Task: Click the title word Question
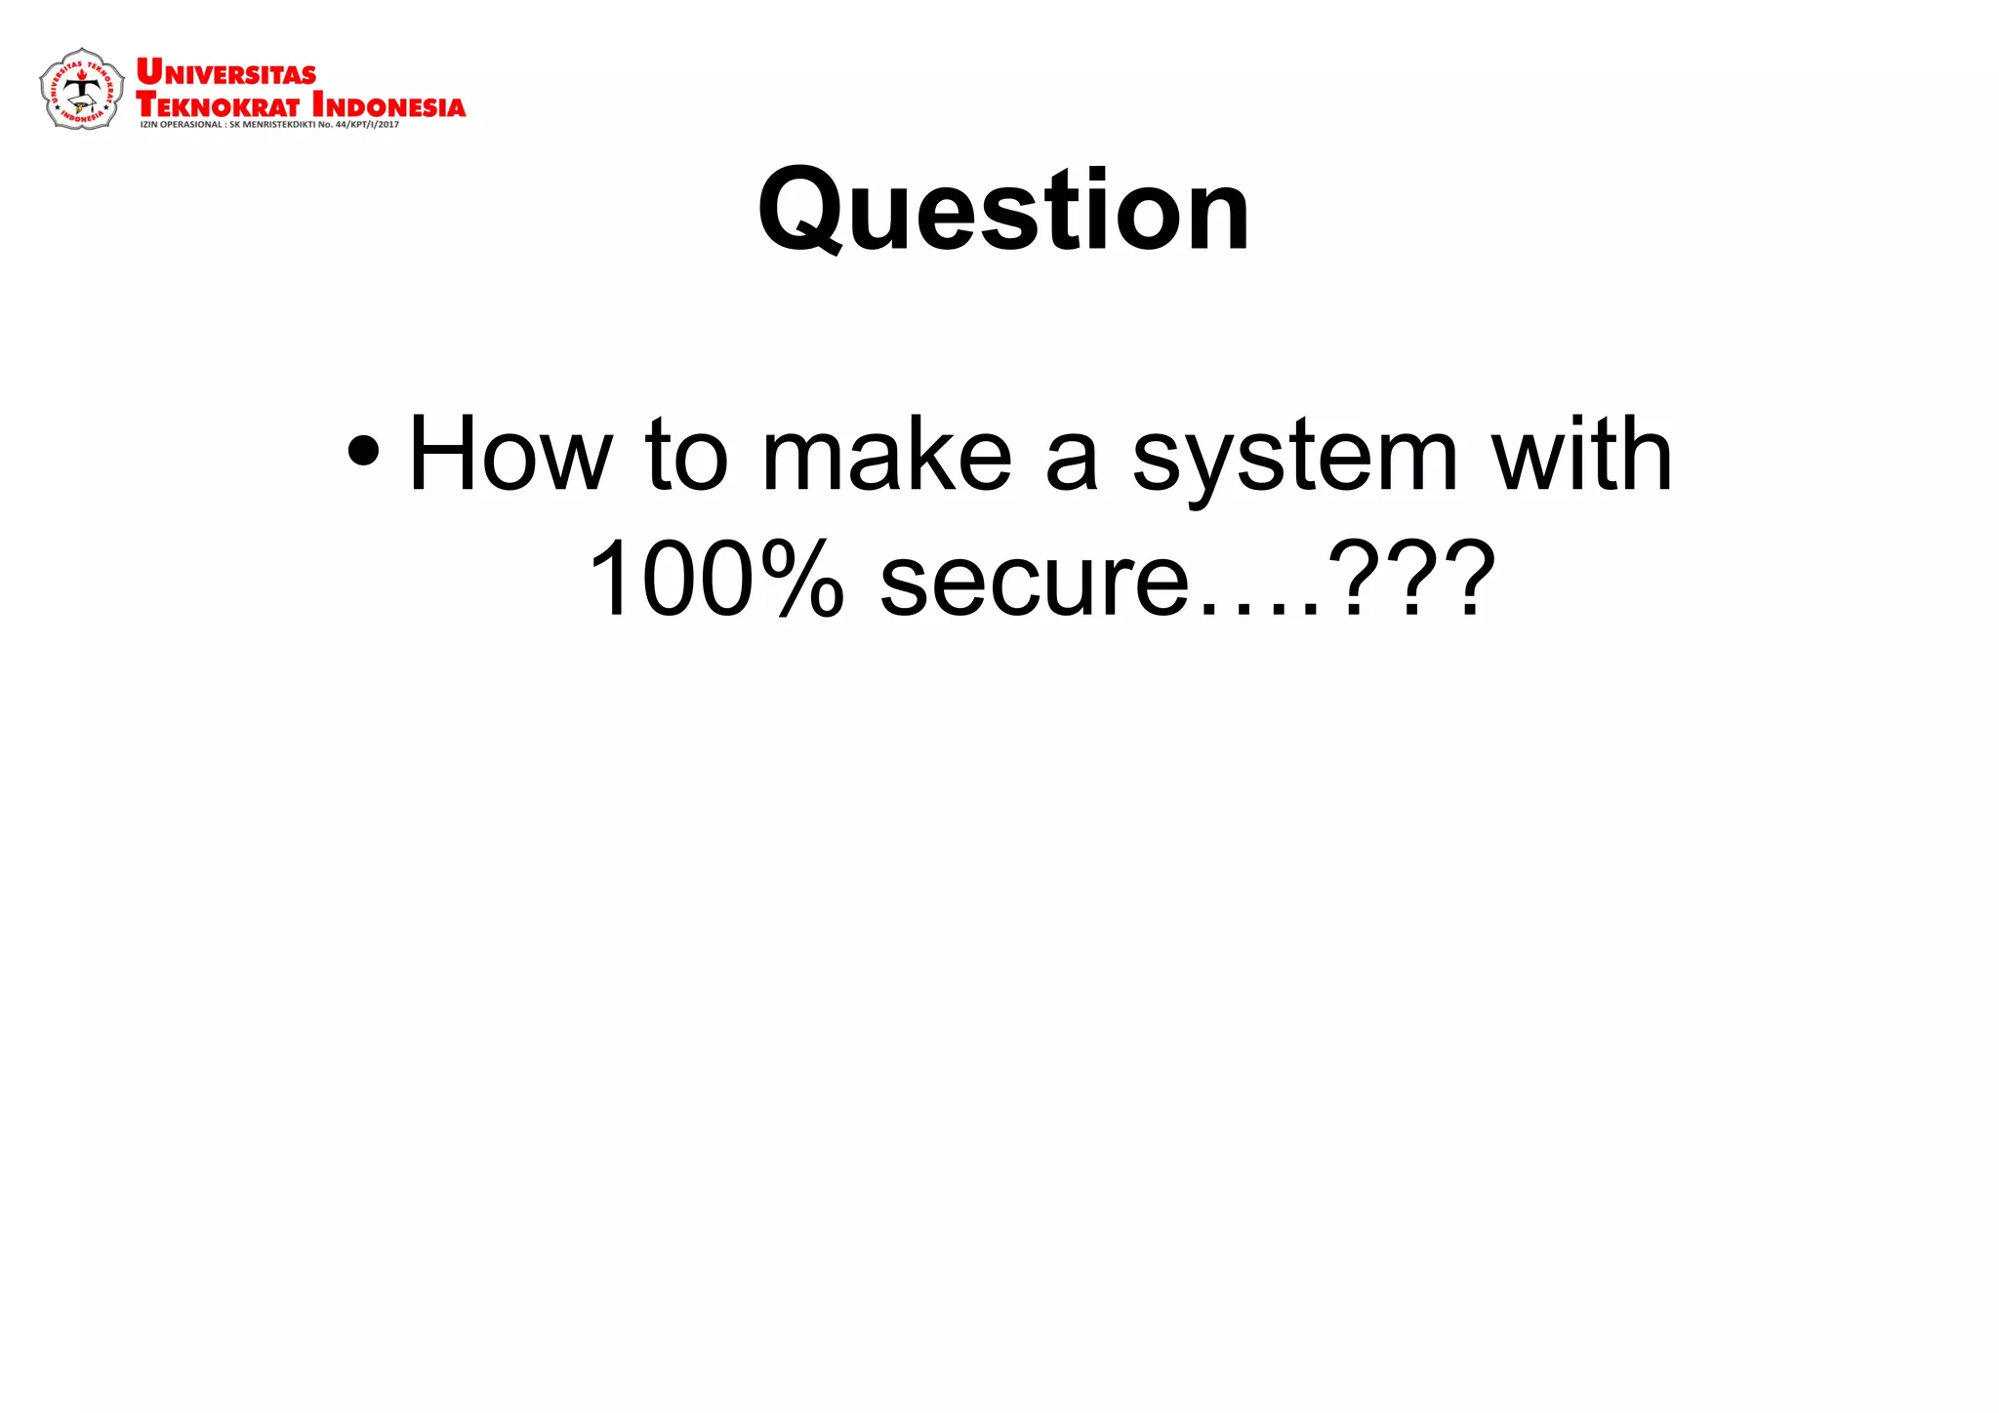pyautogui.click(x=1003, y=211)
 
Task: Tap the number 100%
pyautogui.click(x=715, y=580)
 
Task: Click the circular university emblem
pyautogui.click(x=82, y=90)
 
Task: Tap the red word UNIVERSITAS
pyautogui.click(x=226, y=73)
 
